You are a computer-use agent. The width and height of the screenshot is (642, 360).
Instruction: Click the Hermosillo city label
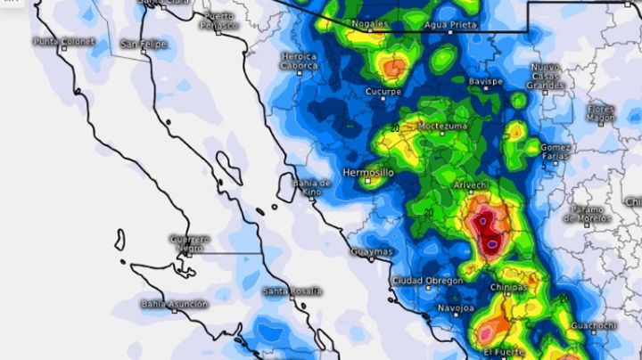(366, 171)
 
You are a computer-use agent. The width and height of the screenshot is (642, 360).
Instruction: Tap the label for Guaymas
(371, 252)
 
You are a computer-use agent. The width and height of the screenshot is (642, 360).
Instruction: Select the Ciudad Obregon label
(427, 281)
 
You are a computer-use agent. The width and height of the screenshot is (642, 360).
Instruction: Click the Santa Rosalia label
(291, 291)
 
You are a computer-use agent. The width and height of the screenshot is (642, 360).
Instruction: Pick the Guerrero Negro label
(191, 243)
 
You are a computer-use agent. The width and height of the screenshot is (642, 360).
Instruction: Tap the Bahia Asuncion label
(174, 304)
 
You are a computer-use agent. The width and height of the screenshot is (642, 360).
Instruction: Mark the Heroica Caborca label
(299, 60)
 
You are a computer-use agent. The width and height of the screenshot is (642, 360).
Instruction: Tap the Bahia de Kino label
(313, 187)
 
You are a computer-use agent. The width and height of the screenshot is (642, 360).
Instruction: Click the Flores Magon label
(601, 113)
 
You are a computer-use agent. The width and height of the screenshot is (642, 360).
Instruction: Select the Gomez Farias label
(556, 151)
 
